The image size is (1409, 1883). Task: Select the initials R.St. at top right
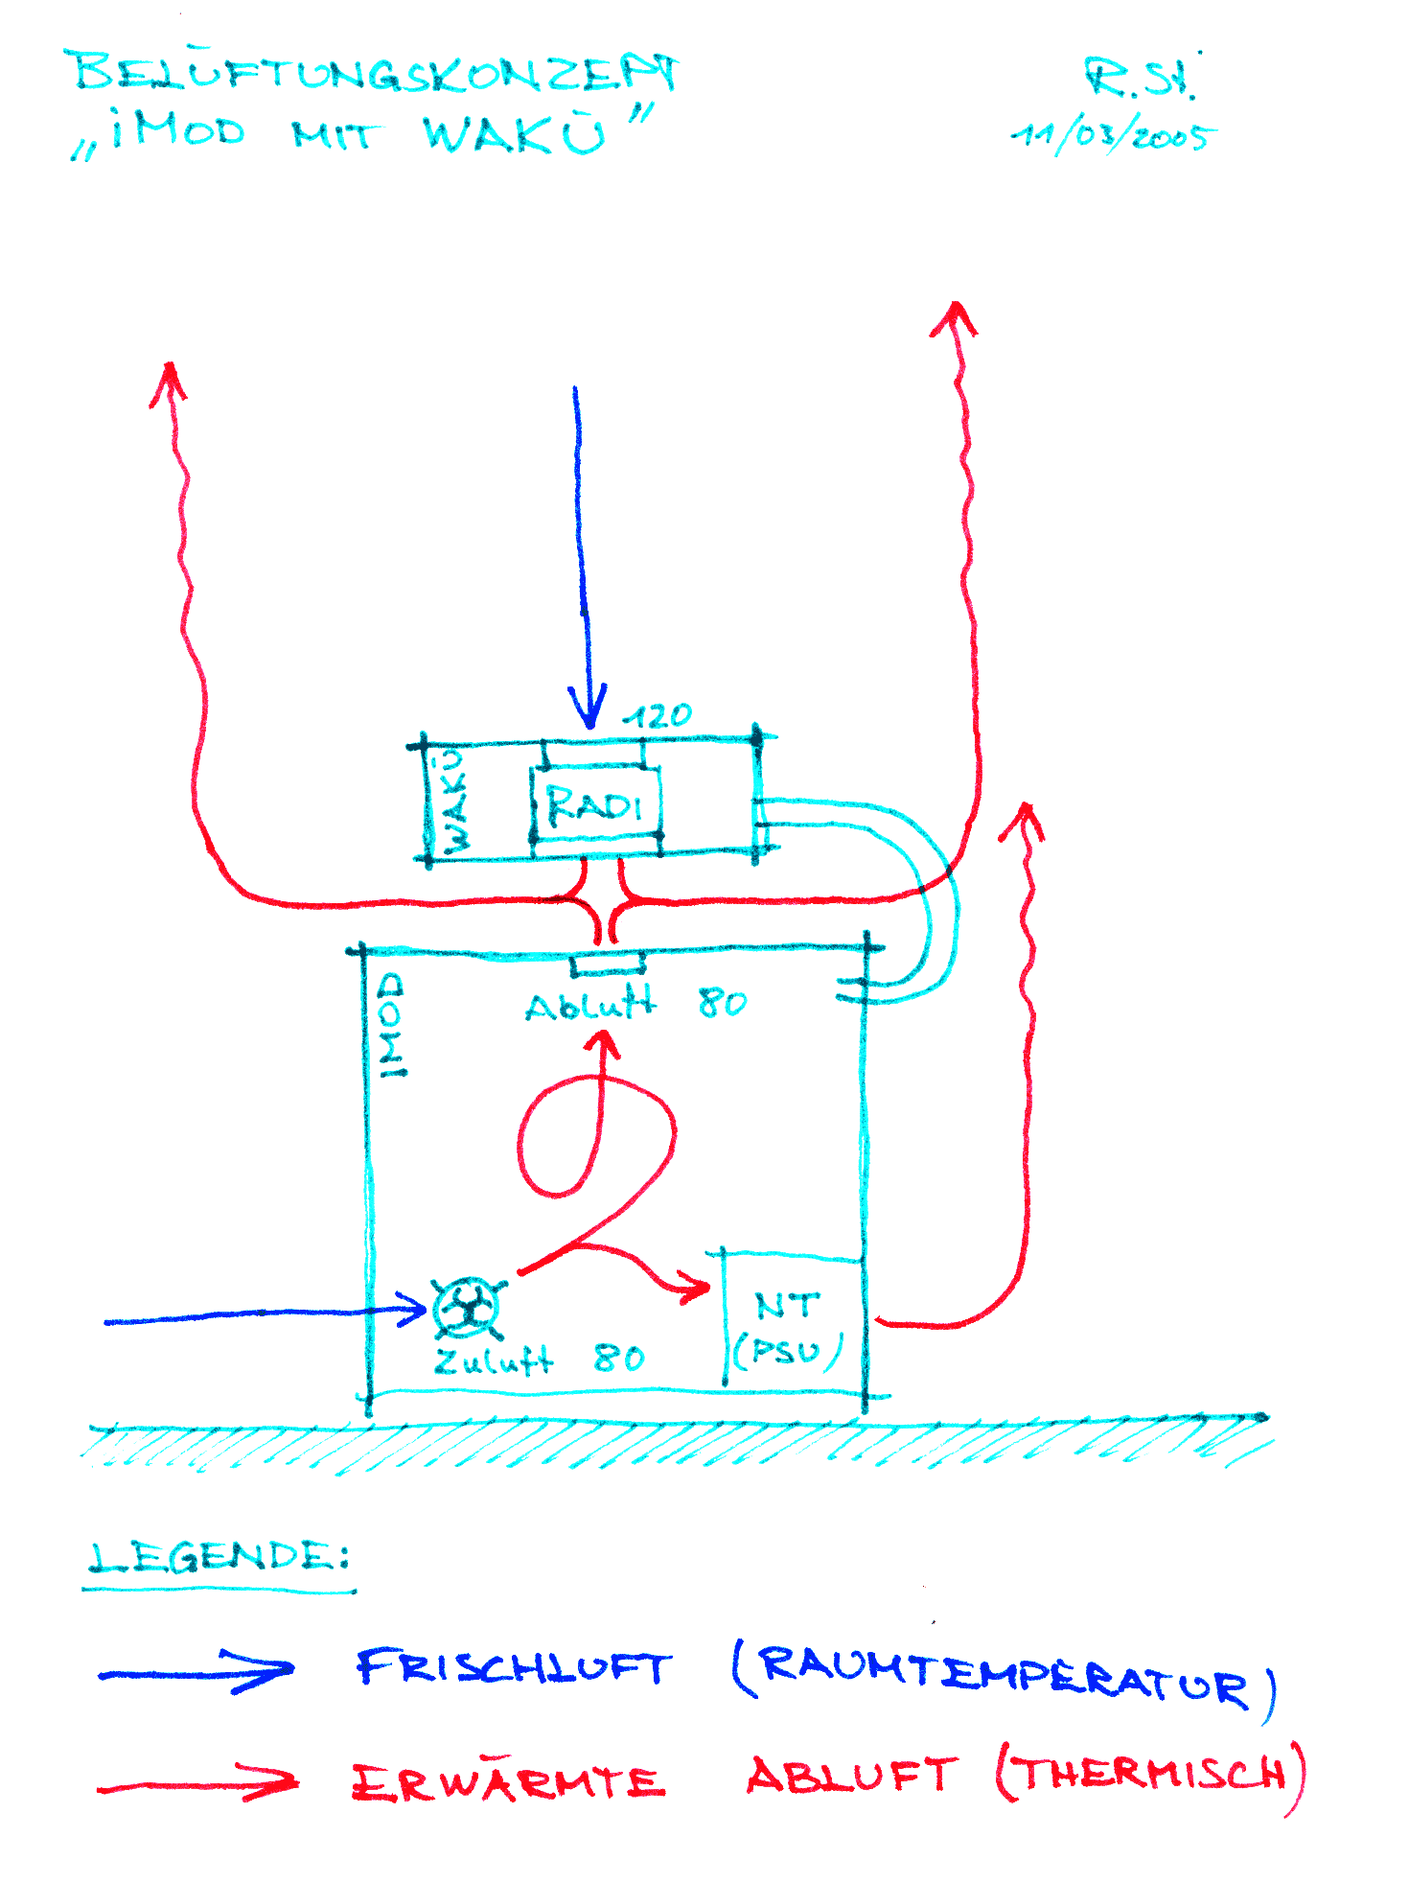tap(1141, 79)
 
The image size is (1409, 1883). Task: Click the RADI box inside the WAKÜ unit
tap(595, 805)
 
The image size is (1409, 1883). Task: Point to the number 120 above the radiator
tap(658, 716)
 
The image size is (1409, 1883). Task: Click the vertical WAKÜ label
tap(454, 802)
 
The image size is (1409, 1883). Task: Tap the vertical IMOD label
tap(391, 1026)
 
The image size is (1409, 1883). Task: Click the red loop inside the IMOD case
tap(594, 1141)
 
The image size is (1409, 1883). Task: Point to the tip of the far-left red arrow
tap(169, 369)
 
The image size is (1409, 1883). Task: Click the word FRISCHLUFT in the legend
tap(514, 1668)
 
